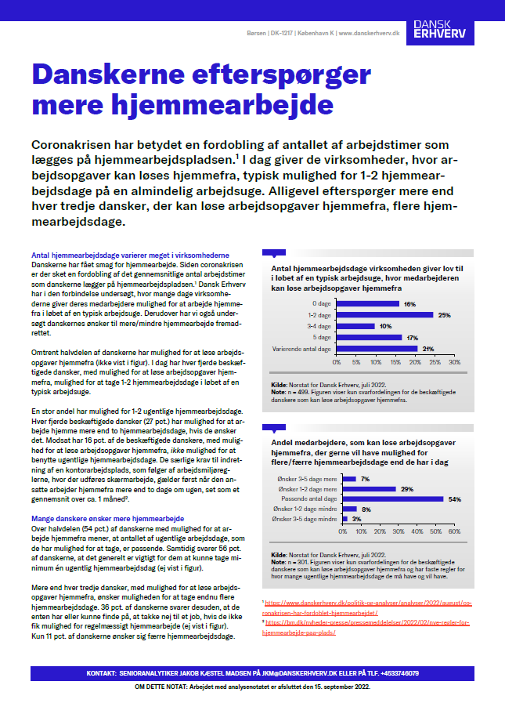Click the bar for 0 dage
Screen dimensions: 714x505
pos(368,303)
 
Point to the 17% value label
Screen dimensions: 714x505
pos(409,337)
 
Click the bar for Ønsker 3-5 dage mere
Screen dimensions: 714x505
pos(350,478)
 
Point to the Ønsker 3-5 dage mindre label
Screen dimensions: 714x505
pos(301,519)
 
